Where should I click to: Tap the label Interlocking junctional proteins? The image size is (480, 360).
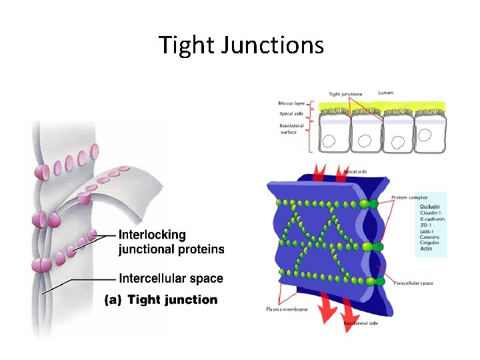171,243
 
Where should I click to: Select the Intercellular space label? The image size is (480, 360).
171,278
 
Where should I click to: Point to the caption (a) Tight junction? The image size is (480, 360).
161,300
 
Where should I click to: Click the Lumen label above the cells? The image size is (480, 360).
385,92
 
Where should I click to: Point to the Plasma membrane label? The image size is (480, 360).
287,309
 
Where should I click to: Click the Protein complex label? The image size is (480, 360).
409,197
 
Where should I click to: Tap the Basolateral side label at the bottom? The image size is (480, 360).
361,323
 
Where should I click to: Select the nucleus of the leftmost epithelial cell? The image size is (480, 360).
329,141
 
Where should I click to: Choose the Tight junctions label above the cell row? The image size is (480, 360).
345,94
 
